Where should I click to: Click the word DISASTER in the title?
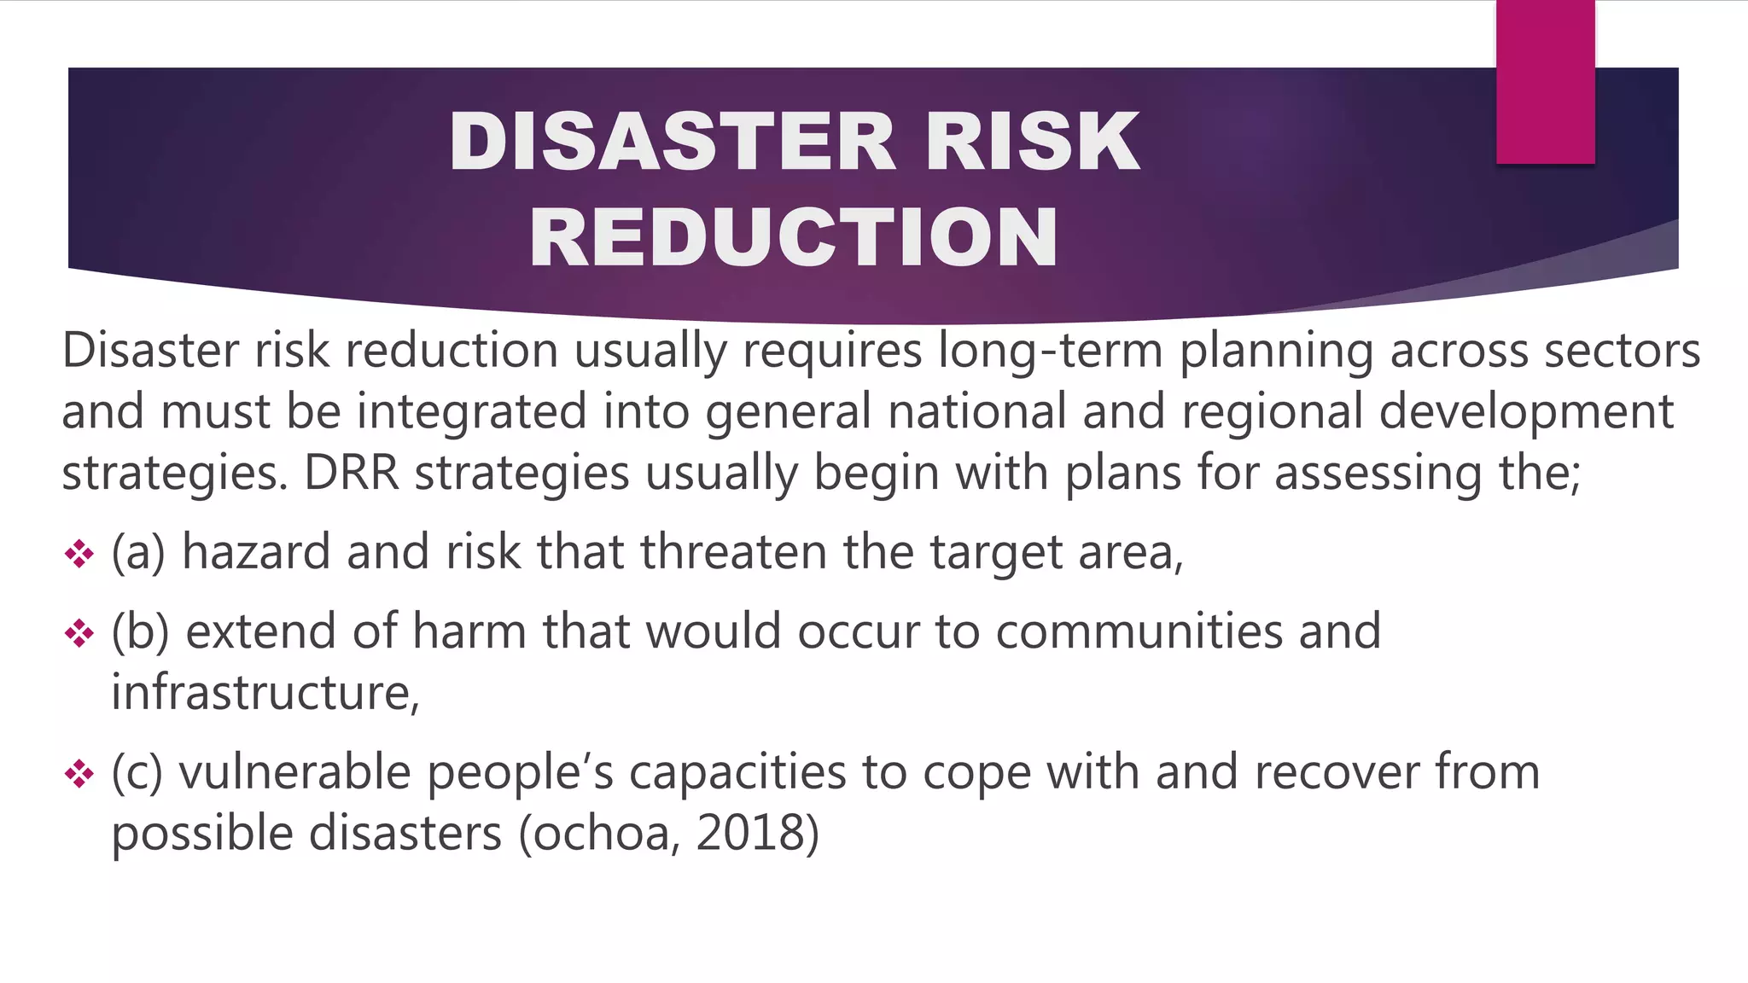[673, 142]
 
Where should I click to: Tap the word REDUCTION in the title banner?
[794, 237]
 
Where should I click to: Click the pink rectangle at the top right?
[1545, 82]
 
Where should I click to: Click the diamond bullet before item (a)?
[79, 554]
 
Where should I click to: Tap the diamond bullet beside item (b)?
[79, 633]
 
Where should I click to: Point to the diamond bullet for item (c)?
[79, 774]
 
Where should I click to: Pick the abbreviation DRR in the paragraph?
[352, 473]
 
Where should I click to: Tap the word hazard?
[256, 552]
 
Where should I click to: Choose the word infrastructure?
[265, 693]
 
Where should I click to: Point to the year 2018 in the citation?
[749, 833]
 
